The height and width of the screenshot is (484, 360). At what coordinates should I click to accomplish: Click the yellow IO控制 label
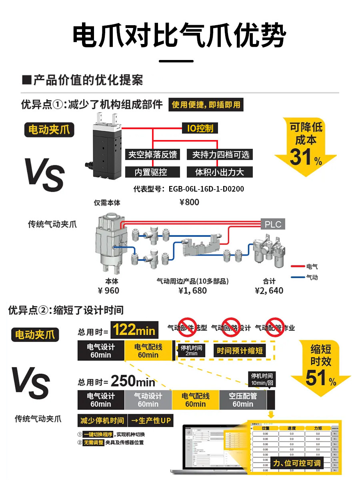(200, 128)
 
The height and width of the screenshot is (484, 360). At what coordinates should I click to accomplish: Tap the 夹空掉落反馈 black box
(152, 154)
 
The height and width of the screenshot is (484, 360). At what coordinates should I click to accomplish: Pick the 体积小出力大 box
(219, 172)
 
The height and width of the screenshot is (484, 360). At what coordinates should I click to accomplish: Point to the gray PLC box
(273, 224)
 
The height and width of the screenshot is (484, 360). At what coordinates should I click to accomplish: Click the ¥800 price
(189, 202)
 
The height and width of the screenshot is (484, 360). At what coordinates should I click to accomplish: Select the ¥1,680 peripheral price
(192, 290)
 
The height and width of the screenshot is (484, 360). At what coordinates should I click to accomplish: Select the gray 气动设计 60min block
(148, 400)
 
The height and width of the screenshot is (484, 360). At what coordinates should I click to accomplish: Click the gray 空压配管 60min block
(243, 400)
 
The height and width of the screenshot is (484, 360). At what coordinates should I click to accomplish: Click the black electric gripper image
(105, 146)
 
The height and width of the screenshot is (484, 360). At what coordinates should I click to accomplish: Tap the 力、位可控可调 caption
(296, 463)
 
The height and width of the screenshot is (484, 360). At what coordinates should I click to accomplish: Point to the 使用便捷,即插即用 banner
(206, 105)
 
